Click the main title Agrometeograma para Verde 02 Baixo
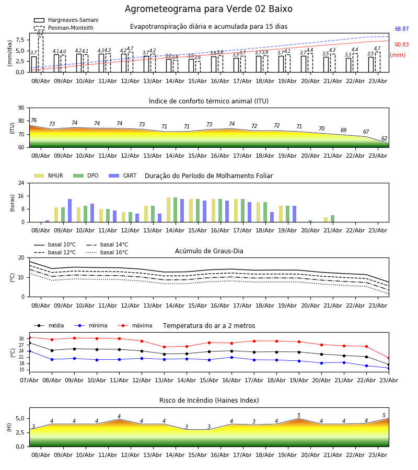[208, 9]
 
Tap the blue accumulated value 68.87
[401, 29]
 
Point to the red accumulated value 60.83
[401, 45]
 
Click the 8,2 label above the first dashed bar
[40, 33]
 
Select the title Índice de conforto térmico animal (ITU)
[208, 101]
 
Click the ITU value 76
[33, 121]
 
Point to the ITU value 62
[384, 139]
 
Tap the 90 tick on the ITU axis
[21, 108]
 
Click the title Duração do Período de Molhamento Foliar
[208, 176]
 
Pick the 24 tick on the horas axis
[21, 183]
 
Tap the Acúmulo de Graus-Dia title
[209, 251]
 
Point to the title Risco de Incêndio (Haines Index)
[209, 401]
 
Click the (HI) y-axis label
[9, 427]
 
